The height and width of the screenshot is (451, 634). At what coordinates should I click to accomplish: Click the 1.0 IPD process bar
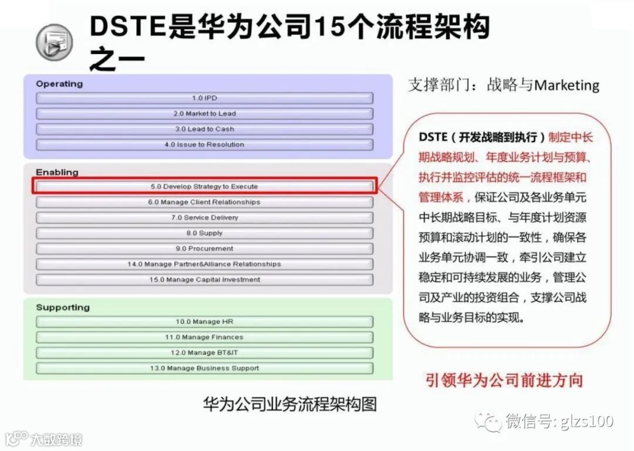coord(204,98)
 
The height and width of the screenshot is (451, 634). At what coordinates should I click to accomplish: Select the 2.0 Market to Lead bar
coord(204,114)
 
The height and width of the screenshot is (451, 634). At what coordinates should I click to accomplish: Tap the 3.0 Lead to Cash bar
coord(204,129)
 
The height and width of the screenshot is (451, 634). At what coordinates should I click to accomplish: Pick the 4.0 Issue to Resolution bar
coord(204,144)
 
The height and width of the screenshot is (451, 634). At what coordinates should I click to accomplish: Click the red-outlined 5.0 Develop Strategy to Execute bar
coord(204,186)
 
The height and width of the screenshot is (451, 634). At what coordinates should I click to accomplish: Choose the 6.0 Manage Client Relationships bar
coord(204,202)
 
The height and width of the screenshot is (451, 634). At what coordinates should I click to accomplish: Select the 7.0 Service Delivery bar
coord(204,218)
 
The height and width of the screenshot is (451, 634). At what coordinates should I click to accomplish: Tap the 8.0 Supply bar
coord(204,233)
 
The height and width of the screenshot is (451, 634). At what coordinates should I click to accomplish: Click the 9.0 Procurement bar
coord(204,249)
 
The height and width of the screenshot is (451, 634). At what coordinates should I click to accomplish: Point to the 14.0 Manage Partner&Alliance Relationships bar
coord(204,264)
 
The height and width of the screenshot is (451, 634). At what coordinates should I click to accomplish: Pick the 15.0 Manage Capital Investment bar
coord(204,280)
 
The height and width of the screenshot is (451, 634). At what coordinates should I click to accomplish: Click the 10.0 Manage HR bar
coord(204,322)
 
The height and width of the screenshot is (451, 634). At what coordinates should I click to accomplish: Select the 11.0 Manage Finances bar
coord(204,337)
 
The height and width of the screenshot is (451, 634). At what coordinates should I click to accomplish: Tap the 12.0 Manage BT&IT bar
coord(204,353)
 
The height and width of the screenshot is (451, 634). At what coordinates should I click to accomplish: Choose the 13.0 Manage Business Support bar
coord(204,368)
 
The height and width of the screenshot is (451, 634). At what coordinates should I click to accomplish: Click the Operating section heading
coord(59,84)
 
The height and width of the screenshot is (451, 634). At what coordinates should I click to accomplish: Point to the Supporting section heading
coord(63,307)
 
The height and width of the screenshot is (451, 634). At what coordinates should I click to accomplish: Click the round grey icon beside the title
coord(55,43)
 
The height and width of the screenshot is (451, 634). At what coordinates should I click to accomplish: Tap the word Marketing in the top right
coord(566,86)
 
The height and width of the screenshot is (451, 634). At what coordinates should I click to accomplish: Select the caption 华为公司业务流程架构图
coord(289,404)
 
